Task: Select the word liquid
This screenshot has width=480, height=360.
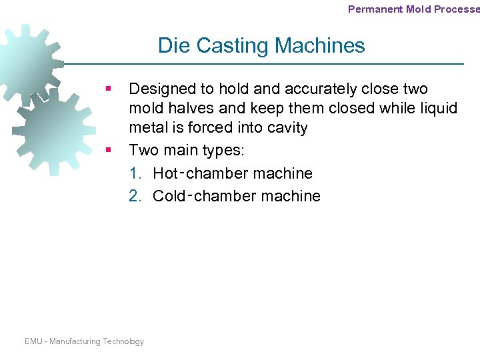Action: pyautogui.click(x=437, y=109)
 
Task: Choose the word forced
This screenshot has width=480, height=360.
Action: pyautogui.click(x=219, y=127)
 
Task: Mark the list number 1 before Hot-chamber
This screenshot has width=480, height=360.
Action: pyautogui.click(x=135, y=174)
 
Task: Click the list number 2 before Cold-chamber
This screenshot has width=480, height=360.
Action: pyautogui.click(x=135, y=196)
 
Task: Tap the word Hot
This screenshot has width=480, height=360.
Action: pyautogui.click(x=165, y=174)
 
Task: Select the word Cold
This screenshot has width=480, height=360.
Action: pyautogui.click(x=169, y=196)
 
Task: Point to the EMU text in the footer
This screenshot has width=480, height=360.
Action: pyautogui.click(x=33, y=341)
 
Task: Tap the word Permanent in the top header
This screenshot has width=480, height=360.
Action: pyautogui.click(x=375, y=9)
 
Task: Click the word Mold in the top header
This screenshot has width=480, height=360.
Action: pyautogui.click(x=419, y=9)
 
